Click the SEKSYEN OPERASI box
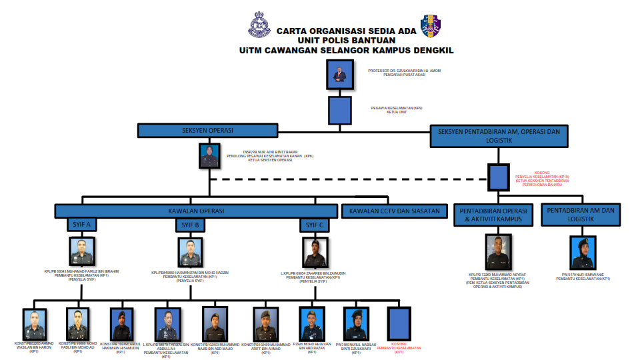[x=207, y=131]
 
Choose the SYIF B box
[x=191, y=225]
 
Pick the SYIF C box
[x=313, y=225]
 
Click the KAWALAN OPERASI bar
[x=197, y=211]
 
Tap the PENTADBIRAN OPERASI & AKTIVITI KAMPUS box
[x=494, y=215]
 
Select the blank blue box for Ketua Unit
[x=340, y=110]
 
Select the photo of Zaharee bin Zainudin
[x=314, y=253]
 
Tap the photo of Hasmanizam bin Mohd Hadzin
[x=190, y=253]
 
